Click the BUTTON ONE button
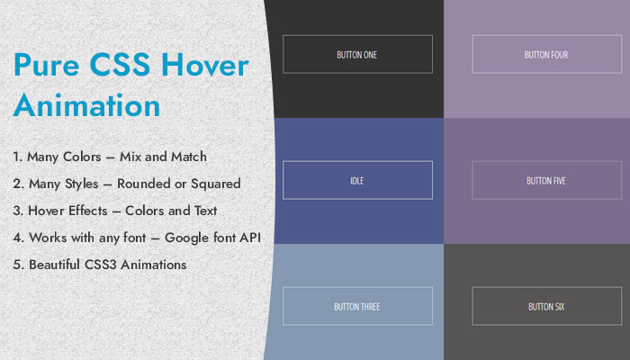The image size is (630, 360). (x=357, y=54)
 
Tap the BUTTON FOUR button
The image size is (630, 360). (x=547, y=54)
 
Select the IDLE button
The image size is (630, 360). (x=357, y=180)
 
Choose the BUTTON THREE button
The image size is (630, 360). (x=357, y=306)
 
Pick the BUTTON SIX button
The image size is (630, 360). (x=547, y=306)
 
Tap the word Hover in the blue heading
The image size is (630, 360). (x=205, y=64)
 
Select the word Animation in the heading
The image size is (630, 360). (x=86, y=105)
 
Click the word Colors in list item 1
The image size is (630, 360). (x=82, y=157)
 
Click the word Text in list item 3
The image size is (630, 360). (x=206, y=211)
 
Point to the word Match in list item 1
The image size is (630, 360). (x=189, y=157)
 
